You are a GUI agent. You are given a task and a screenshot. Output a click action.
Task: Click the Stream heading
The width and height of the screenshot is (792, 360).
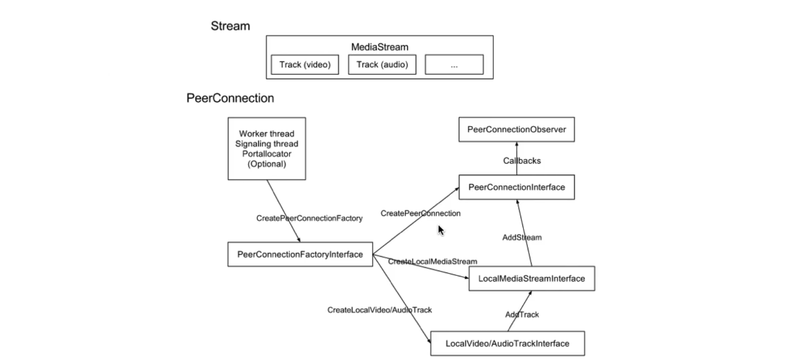230,26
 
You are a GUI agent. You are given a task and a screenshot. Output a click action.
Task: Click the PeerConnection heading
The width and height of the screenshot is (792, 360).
230,98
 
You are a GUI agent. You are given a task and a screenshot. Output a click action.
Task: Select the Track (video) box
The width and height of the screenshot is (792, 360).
305,65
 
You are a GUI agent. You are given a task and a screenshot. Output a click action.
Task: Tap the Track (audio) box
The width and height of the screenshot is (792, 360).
382,65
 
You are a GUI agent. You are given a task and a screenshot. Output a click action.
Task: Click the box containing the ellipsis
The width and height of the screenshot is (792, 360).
454,65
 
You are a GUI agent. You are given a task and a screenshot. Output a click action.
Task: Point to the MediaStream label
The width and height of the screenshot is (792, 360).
379,47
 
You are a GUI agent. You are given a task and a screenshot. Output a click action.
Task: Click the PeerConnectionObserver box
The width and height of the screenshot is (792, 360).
516,129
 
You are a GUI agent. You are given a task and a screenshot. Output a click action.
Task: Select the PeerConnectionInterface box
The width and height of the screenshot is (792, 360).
516,187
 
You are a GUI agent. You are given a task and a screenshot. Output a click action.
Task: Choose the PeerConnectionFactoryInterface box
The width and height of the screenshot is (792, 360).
300,254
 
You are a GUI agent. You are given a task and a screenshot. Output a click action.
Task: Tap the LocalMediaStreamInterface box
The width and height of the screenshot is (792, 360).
531,279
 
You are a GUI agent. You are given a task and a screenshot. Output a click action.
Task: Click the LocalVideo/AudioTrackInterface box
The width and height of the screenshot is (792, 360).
507,343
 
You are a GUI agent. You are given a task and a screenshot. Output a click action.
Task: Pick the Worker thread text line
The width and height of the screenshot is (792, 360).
267,134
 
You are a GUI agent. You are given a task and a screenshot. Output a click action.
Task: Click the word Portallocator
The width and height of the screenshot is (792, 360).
267,154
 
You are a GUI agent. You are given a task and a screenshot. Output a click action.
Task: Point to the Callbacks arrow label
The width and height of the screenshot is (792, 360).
522,161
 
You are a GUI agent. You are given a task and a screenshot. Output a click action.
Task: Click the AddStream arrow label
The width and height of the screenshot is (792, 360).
522,237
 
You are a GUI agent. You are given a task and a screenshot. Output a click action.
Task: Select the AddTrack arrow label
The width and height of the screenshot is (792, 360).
522,315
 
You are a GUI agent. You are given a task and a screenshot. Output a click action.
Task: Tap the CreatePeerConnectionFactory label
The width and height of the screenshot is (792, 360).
309,218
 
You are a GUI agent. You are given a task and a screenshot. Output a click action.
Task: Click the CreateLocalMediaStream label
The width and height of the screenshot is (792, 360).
432,262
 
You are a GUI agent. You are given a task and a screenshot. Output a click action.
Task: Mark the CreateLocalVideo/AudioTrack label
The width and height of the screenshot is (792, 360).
379,310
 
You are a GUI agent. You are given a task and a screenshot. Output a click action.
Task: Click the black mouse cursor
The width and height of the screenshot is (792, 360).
440,230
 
